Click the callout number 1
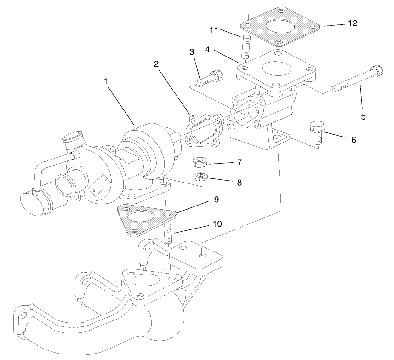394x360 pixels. pyautogui.click(x=106, y=81)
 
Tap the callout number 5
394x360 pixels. pyautogui.click(x=363, y=116)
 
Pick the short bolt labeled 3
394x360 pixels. pyautogui.click(x=208, y=79)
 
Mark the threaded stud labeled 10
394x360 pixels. pyautogui.click(x=169, y=234)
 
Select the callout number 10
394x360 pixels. pyautogui.click(x=217, y=224)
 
